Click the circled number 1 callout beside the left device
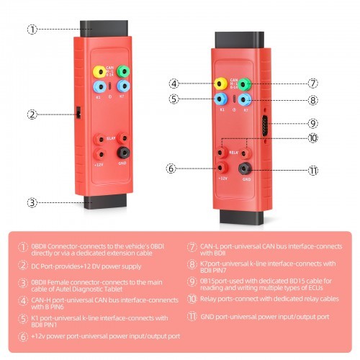pos(32,30)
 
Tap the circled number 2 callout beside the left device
pos(32,114)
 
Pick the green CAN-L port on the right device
pos(246,84)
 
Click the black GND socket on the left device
pos(124,152)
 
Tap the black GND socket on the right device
pos(246,169)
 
